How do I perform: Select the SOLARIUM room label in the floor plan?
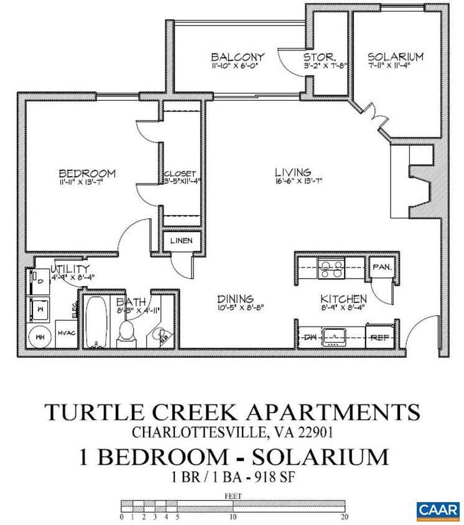pos(394,57)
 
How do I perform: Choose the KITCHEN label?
pos(339,298)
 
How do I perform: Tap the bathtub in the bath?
pos(96,323)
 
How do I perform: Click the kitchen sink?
pos(336,337)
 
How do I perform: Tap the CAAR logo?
pos(438,509)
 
